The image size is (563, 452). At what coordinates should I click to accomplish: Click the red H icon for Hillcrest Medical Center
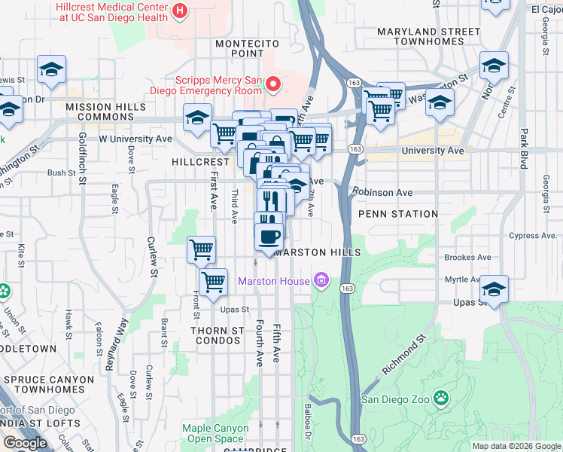tap(180, 11)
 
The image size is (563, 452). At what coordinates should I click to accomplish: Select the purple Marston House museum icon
tap(321, 282)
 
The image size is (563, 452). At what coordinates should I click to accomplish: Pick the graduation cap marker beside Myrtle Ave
tap(494, 289)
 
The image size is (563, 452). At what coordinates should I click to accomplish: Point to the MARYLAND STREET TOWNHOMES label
tap(428, 36)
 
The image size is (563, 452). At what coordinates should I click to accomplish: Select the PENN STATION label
tap(398, 214)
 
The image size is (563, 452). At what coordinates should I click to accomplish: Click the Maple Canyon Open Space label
tap(215, 433)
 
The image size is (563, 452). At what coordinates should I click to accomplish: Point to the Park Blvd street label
tap(523, 148)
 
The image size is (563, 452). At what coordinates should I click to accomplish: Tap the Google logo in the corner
tap(25, 443)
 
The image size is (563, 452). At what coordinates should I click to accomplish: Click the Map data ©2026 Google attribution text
tap(516, 446)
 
